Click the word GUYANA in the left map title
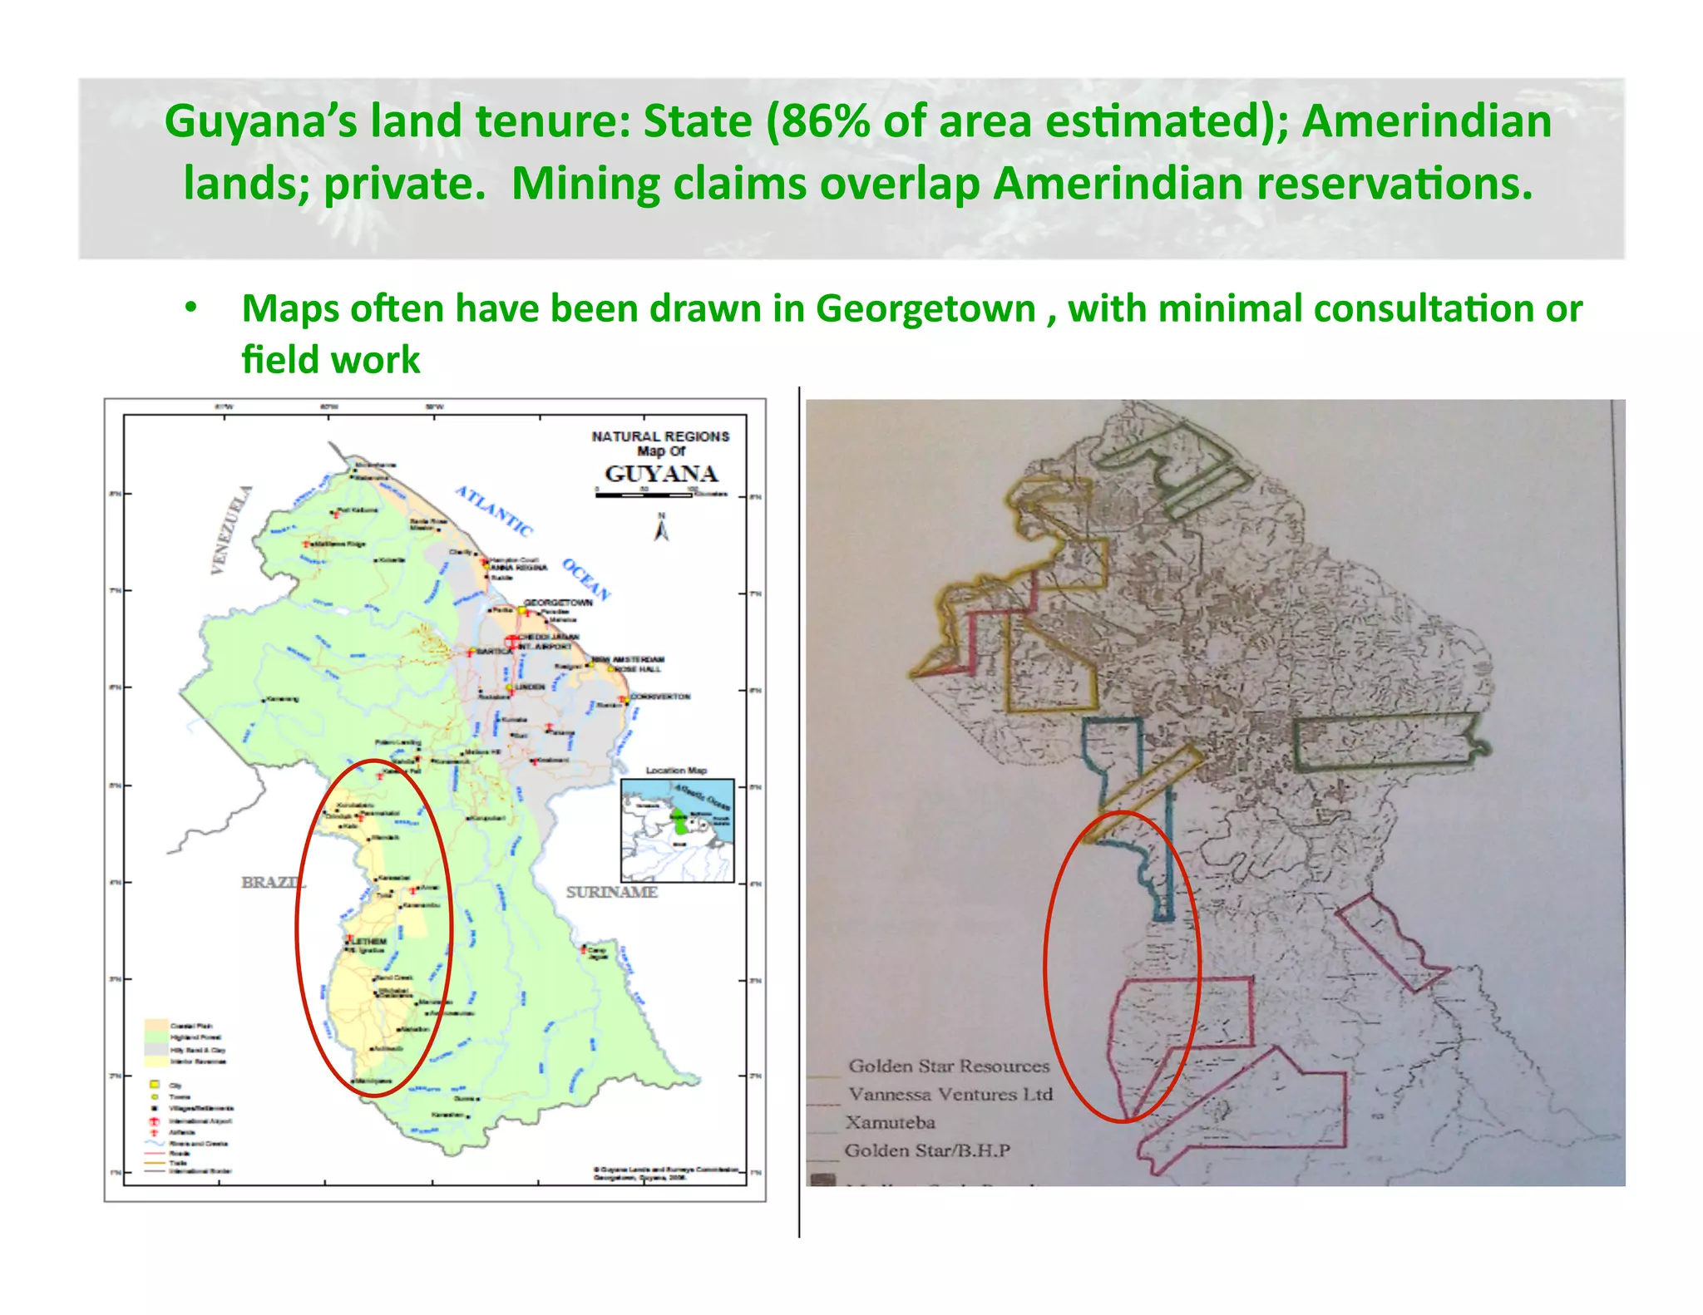[x=661, y=474]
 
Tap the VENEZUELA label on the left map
[x=230, y=529]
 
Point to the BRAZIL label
[x=271, y=882]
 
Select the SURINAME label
[x=612, y=892]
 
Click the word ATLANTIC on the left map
[x=493, y=510]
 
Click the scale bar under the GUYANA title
[x=644, y=495]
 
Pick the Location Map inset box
[x=678, y=830]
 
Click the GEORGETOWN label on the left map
[x=558, y=603]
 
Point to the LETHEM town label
[x=370, y=942]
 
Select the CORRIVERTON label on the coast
[x=660, y=697]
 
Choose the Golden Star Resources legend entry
[x=949, y=1066]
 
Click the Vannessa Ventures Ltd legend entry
[x=950, y=1094]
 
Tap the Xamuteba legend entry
[x=891, y=1122]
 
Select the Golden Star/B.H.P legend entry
[x=927, y=1150]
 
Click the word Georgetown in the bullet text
[x=926, y=308]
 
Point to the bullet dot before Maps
[x=191, y=308]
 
